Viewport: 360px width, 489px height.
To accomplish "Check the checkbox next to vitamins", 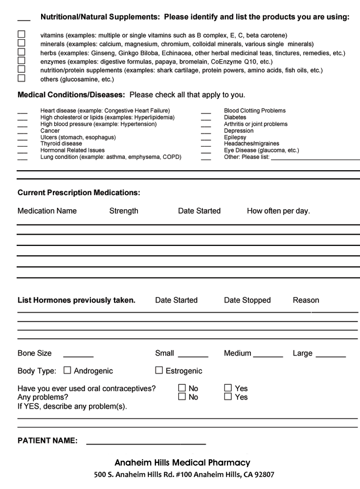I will (21, 35).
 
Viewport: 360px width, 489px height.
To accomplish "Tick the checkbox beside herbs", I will (21, 52).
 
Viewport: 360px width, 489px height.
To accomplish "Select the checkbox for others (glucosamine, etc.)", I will (21, 78).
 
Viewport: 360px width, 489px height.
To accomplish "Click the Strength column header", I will (124, 211).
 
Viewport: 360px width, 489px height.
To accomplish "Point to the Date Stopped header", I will (247, 300).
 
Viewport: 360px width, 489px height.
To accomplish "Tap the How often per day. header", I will (278, 211).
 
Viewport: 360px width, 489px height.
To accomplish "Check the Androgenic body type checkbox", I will (67, 371).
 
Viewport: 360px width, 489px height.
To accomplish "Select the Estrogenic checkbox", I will (159, 371).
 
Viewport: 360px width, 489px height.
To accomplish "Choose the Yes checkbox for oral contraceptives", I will (228, 388).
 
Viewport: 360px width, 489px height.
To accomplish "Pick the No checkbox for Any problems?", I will (182, 397).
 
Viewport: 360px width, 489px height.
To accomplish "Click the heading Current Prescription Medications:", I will (79, 193).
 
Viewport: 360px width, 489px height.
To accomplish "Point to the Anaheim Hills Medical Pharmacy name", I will (182, 463).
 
